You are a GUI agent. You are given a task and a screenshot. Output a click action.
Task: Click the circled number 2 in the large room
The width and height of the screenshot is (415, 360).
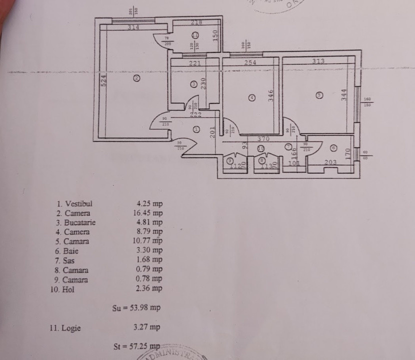tap(136, 78)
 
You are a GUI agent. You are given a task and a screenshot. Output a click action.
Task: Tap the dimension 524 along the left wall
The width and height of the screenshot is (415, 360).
tap(104, 81)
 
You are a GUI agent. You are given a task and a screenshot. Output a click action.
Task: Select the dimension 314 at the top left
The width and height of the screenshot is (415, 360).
tap(133, 27)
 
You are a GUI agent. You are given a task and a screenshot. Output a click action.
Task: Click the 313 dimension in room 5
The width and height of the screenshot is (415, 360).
tap(318, 61)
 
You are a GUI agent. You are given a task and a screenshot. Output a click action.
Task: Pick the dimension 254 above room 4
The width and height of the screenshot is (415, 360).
tap(250, 62)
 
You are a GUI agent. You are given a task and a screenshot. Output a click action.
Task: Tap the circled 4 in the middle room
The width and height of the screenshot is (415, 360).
tap(252, 97)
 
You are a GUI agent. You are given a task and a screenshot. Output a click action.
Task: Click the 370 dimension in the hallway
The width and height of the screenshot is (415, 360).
tap(263, 139)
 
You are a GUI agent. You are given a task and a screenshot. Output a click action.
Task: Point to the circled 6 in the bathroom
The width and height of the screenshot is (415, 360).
tap(333, 148)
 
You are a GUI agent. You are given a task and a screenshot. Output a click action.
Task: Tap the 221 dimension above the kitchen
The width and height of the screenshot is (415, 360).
tap(194, 63)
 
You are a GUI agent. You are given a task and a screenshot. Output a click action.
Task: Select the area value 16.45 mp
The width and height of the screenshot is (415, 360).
tap(149, 213)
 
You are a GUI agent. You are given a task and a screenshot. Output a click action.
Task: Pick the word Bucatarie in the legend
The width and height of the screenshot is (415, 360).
tap(79, 222)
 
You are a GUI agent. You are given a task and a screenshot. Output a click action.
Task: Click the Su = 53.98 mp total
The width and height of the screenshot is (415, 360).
tap(136, 308)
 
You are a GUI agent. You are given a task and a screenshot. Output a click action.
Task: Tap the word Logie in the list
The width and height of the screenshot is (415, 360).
tap(71, 328)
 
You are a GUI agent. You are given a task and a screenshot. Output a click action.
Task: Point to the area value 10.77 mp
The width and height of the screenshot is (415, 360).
tap(149, 241)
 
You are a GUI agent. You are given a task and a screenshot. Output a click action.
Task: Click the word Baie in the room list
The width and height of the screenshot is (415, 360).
tap(71, 251)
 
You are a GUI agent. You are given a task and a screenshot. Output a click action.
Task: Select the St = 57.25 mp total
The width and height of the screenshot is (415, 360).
tap(136, 346)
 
